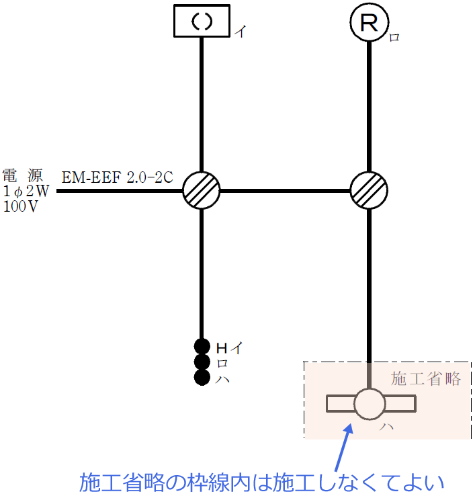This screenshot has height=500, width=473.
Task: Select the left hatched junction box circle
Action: (202, 191)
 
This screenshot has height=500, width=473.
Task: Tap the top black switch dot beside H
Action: (202, 347)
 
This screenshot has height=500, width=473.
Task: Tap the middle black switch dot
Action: (202, 362)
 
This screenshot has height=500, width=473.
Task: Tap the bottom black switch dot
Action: (202, 378)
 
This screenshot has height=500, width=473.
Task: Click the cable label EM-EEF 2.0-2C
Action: (118, 178)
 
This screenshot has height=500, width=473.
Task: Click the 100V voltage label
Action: (21, 206)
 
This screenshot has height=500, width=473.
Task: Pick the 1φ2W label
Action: (26, 192)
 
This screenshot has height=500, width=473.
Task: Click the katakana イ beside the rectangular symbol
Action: (241, 31)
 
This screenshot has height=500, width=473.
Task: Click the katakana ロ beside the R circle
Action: (394, 38)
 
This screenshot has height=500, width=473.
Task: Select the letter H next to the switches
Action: (221, 347)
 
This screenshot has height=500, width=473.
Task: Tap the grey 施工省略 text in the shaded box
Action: (426, 378)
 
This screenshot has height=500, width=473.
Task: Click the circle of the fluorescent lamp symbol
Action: (370, 404)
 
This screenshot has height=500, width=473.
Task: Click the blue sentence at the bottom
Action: (262, 483)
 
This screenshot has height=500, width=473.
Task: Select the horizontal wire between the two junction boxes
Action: (286, 191)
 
